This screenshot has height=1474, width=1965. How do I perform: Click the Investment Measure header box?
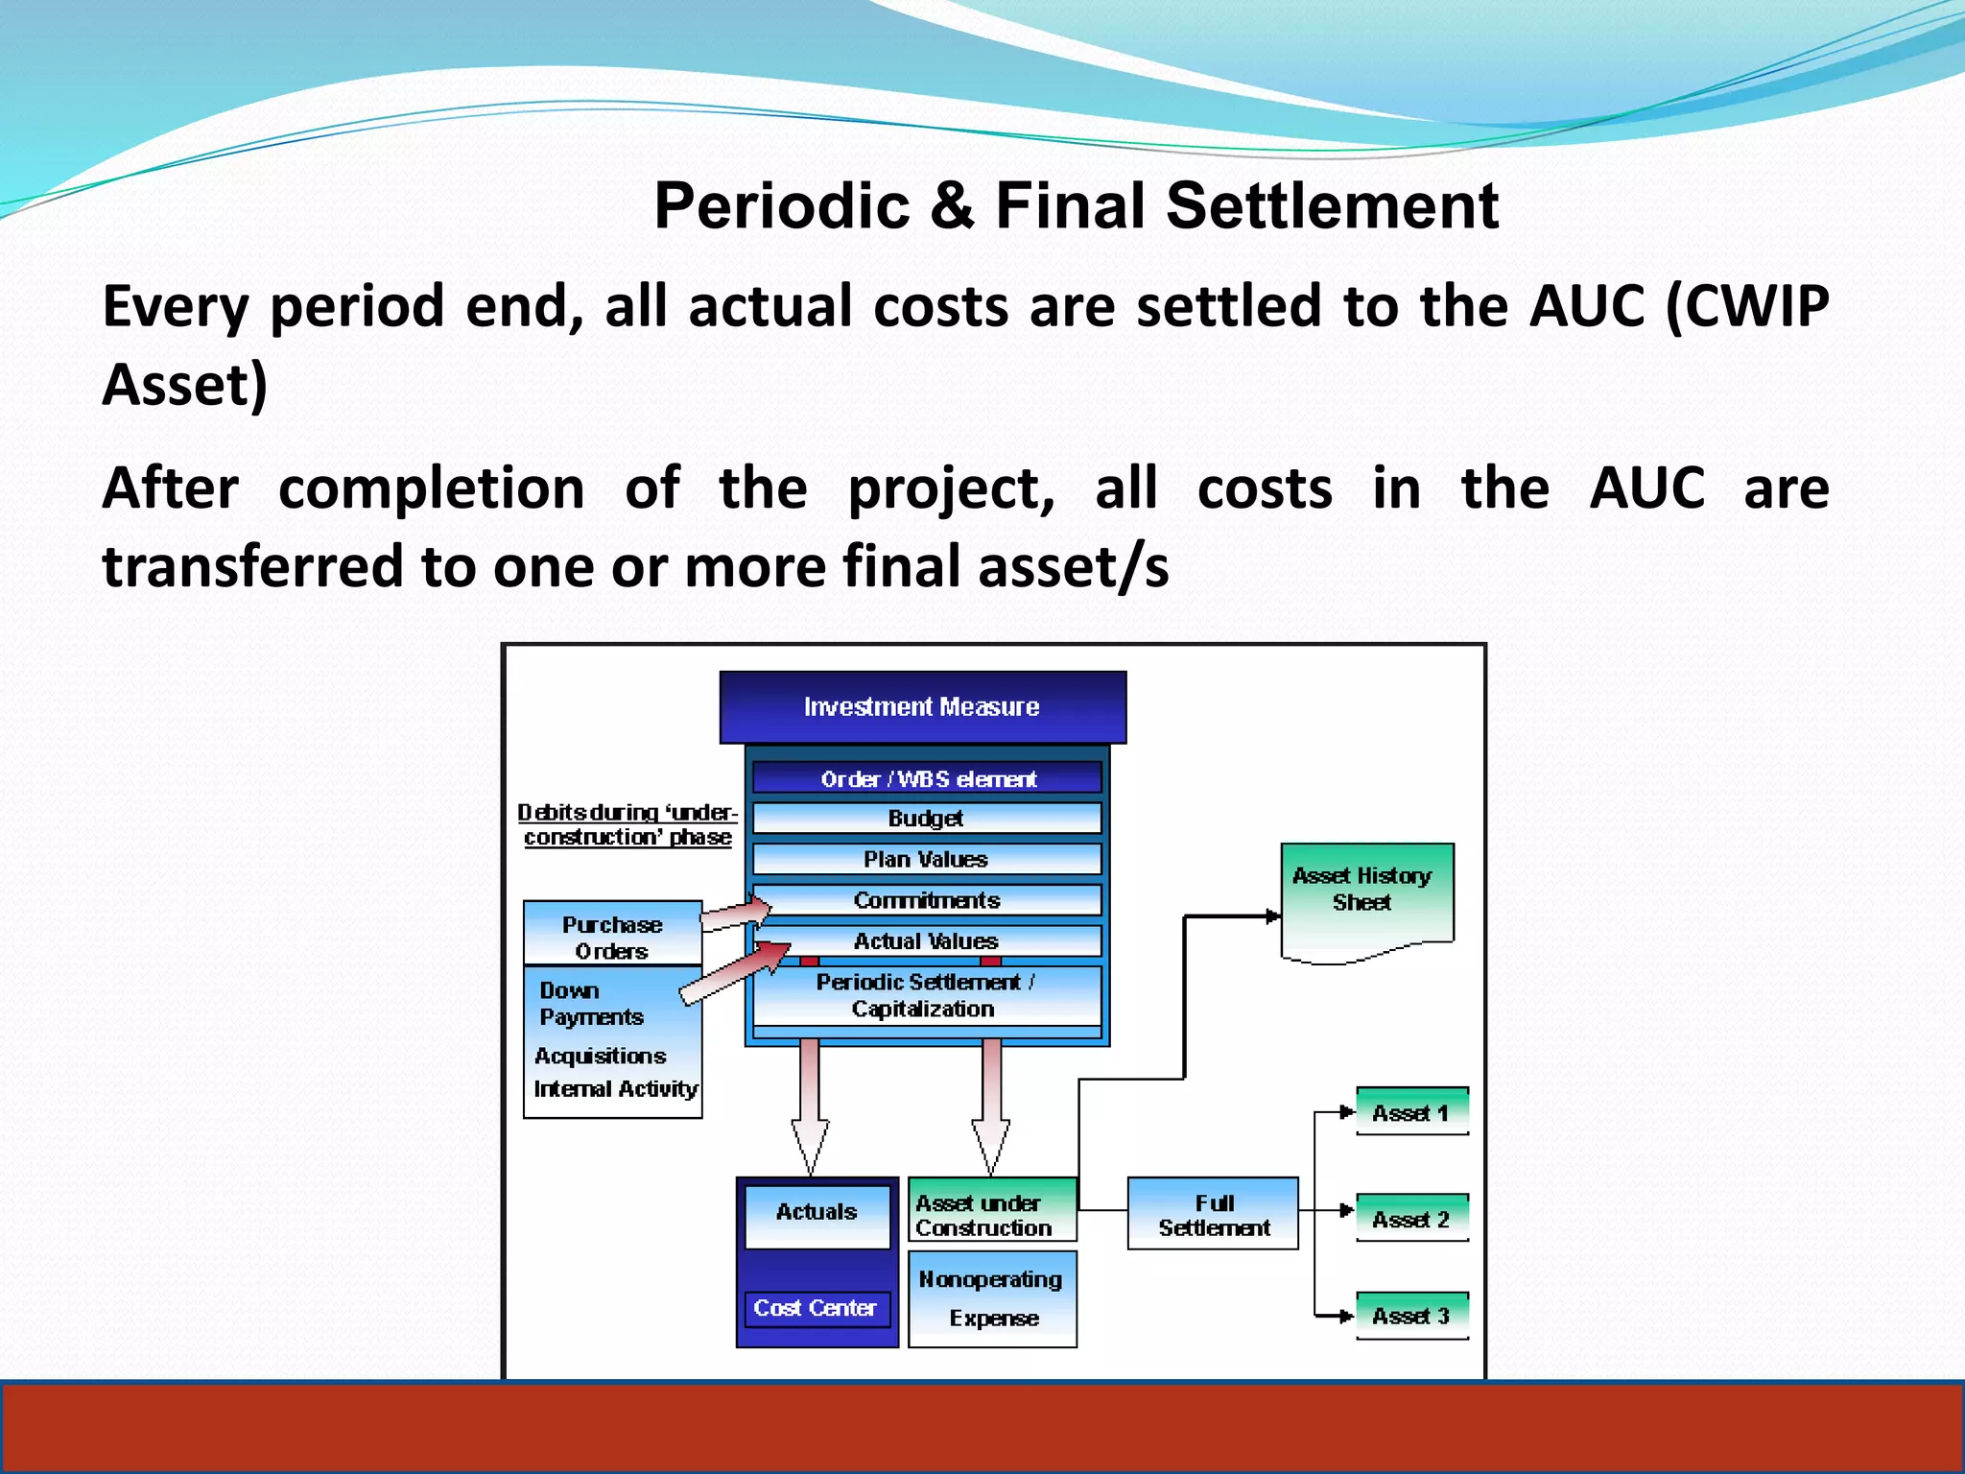[922, 707]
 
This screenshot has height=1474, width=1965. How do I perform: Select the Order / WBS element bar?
[927, 778]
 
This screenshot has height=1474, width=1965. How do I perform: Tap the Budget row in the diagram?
[927, 819]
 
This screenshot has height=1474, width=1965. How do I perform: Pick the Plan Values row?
[927, 859]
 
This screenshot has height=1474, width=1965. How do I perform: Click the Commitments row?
[927, 900]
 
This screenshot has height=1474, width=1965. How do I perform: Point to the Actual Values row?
[927, 941]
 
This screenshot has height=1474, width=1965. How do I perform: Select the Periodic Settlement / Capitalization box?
[927, 996]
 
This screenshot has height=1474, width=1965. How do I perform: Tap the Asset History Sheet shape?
[1366, 897]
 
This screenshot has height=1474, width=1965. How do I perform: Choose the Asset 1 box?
[1411, 1112]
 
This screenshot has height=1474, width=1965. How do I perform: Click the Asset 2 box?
[1411, 1219]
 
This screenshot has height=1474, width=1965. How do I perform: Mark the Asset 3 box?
[1411, 1316]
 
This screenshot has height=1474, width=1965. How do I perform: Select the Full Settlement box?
[1213, 1214]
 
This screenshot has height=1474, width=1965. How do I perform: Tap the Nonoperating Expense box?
[992, 1299]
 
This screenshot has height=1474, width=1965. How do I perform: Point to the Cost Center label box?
[817, 1308]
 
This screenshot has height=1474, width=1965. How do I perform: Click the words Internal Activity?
[616, 1089]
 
